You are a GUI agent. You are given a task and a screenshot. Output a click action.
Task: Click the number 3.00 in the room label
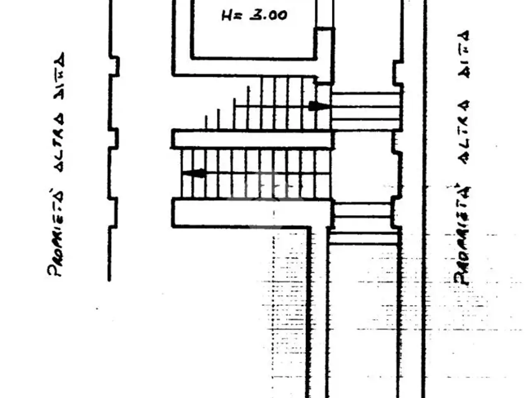(x=268, y=15)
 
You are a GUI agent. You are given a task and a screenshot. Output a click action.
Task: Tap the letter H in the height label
(x=227, y=15)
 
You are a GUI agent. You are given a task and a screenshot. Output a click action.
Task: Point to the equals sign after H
(x=239, y=16)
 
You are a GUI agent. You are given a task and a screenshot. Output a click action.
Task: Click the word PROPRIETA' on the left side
(x=56, y=233)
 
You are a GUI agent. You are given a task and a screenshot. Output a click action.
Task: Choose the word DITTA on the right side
(x=463, y=54)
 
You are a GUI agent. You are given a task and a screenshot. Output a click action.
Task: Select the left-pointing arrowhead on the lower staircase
(x=194, y=173)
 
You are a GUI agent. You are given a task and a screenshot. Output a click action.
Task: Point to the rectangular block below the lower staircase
(x=251, y=213)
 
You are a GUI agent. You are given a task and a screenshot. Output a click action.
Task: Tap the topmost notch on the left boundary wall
(x=114, y=66)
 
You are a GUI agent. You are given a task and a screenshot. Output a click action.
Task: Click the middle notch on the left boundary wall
(x=113, y=138)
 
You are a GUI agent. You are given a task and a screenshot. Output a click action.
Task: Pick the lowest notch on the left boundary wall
(x=113, y=213)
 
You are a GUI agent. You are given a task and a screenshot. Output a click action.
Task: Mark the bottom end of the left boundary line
(x=109, y=280)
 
